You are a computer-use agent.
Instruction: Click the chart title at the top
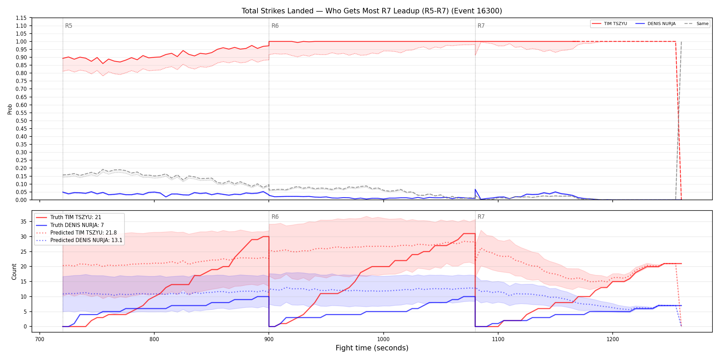tap(372, 11)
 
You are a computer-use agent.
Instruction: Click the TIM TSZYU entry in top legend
tap(609, 24)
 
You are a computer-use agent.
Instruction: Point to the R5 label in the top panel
tap(69, 26)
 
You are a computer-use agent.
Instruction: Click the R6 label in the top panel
tap(275, 26)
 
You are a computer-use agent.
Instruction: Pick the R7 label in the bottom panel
tap(481, 217)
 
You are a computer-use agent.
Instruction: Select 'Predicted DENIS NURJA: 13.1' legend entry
tap(79, 240)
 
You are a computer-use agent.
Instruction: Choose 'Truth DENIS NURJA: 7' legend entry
tap(70, 225)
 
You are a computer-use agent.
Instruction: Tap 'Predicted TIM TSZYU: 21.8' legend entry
tap(76, 233)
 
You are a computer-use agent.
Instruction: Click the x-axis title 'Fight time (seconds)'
tap(372, 348)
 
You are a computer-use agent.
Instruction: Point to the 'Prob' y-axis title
tap(10, 109)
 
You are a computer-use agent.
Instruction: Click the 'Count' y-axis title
tap(14, 272)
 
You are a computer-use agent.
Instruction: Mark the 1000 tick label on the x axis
tap(383, 339)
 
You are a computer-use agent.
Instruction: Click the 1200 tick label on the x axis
tap(613, 339)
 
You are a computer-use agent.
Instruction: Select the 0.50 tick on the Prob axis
tap(21, 121)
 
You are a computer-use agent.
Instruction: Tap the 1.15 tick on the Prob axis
tap(21, 18)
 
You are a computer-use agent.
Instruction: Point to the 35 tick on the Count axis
tap(23, 221)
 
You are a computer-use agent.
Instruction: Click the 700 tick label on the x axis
tap(40, 339)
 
